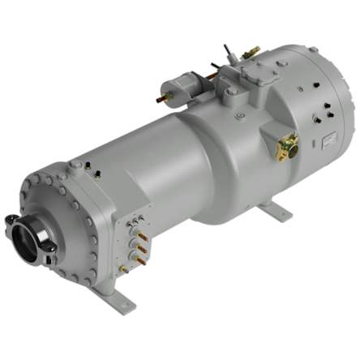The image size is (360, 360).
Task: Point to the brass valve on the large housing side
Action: (287, 147)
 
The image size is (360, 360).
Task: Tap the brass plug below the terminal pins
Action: (124, 268)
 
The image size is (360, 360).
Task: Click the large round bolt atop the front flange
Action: (75, 165)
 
